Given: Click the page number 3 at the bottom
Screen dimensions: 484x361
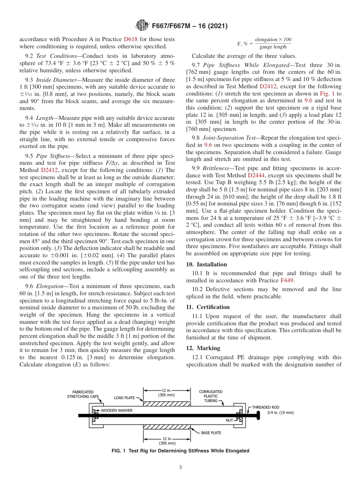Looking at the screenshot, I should (x=180, y=467).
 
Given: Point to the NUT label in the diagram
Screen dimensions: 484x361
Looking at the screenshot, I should (x=229, y=420).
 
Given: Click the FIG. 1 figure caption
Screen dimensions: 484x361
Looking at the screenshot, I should (x=180, y=451).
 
